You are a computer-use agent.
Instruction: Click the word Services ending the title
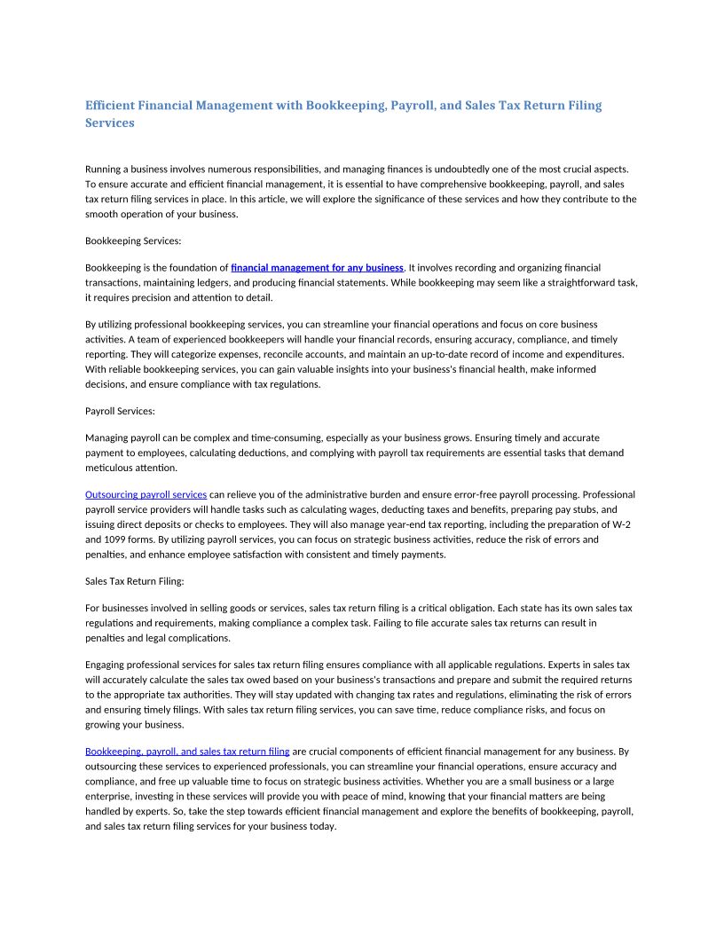[109, 123]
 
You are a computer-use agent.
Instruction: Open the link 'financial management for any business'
[317, 267]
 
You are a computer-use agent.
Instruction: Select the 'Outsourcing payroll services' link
[146, 494]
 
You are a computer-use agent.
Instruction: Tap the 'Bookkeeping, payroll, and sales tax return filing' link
[187, 752]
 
